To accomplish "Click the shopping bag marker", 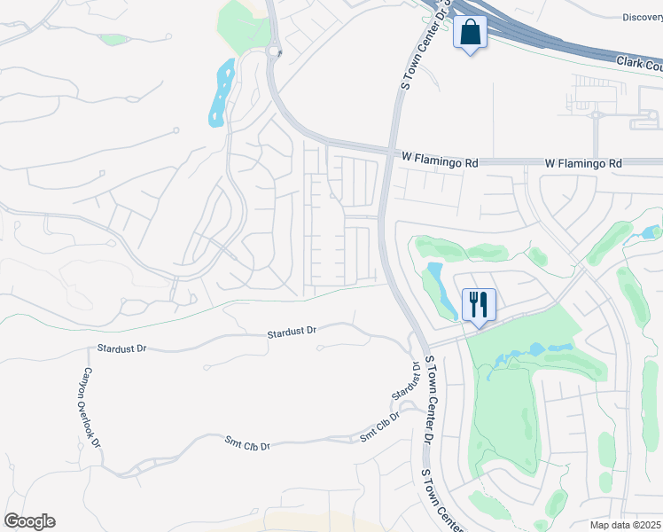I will (x=470, y=34).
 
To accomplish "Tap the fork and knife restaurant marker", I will (x=478, y=305).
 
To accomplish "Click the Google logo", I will (x=29, y=521).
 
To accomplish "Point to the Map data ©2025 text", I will (x=625, y=525).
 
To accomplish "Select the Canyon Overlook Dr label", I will (x=92, y=407).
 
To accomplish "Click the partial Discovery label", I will (x=642, y=17).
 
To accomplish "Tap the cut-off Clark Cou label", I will (x=639, y=66).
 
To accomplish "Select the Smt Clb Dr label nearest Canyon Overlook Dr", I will (x=247, y=442).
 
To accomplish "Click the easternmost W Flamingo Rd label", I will (x=585, y=163).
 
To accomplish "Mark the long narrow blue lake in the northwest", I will (x=222, y=91).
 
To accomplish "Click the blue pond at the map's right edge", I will (x=655, y=231).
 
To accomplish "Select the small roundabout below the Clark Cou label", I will (x=596, y=114).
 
